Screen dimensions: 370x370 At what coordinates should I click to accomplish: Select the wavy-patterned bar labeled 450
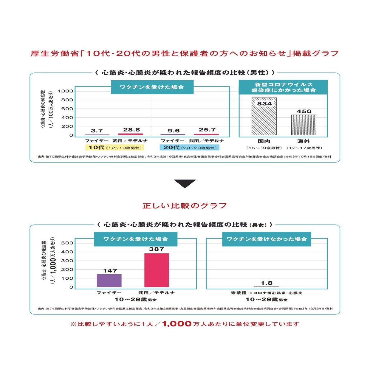pyautogui.click(x=304, y=125)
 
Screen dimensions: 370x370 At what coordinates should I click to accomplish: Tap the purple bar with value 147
pyautogui.click(x=109, y=281)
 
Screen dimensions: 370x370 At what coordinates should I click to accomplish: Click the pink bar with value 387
pyautogui.click(x=157, y=270)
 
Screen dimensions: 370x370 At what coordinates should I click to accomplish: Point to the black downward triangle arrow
pyautogui.click(x=185, y=183)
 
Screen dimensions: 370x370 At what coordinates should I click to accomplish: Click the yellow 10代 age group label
pyautogui.click(x=115, y=148)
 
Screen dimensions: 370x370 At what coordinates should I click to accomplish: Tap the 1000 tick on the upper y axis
pyautogui.click(x=65, y=91)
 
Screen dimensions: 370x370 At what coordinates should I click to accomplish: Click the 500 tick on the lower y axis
pyautogui.click(x=67, y=243)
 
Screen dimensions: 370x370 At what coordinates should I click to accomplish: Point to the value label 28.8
pyautogui.click(x=131, y=130)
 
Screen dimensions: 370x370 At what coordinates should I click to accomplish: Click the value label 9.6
pyautogui.click(x=174, y=131)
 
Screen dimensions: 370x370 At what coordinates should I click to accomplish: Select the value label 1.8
pyautogui.click(x=267, y=283)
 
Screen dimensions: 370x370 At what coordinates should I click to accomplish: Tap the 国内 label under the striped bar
pyautogui.click(x=264, y=141)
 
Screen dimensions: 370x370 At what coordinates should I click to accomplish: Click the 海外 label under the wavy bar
pyautogui.click(x=304, y=141)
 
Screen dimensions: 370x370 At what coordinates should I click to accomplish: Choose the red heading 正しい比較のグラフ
pyautogui.click(x=185, y=206)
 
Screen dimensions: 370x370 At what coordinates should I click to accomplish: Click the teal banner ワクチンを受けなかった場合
pyautogui.click(x=267, y=239)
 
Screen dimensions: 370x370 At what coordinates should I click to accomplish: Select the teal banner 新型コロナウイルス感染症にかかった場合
pyautogui.click(x=283, y=87)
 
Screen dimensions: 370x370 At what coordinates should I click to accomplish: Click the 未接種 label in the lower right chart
pyautogui.click(x=239, y=293)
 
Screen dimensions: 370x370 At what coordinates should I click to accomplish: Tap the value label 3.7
pyautogui.click(x=97, y=131)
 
